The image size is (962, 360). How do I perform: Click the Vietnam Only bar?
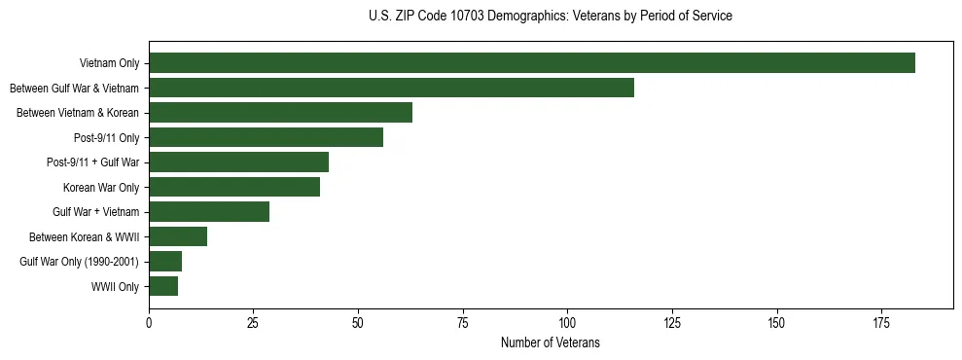pos(532,63)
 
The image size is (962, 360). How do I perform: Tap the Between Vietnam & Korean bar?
pos(280,113)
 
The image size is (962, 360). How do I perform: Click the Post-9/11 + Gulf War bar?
pos(238,162)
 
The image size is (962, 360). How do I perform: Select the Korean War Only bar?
pos(234,187)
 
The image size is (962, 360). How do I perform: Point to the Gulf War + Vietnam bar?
pos(209,212)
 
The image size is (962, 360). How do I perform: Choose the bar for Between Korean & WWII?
pos(178,236)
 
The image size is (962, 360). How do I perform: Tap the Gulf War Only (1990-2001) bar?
pos(165,262)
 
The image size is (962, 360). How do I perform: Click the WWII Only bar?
pos(163,286)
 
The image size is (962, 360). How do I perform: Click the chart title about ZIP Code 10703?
pos(551,17)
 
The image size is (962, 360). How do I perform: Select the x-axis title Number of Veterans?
pos(551,342)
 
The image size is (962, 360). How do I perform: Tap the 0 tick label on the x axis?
pos(149,321)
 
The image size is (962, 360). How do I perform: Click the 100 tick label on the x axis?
pos(567,321)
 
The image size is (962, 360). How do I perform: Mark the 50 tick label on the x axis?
pos(358,321)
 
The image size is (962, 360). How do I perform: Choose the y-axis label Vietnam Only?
pos(110,64)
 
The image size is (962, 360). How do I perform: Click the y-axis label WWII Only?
pos(115,287)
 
